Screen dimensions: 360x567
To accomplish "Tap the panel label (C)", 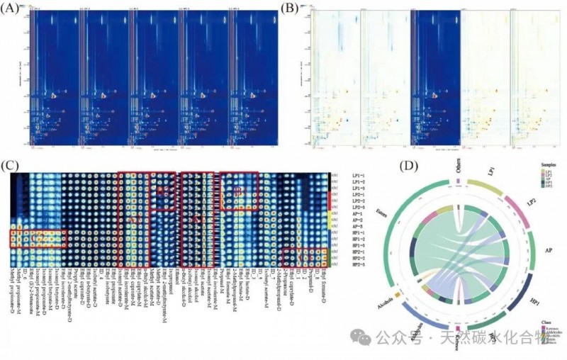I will click(10, 167).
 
